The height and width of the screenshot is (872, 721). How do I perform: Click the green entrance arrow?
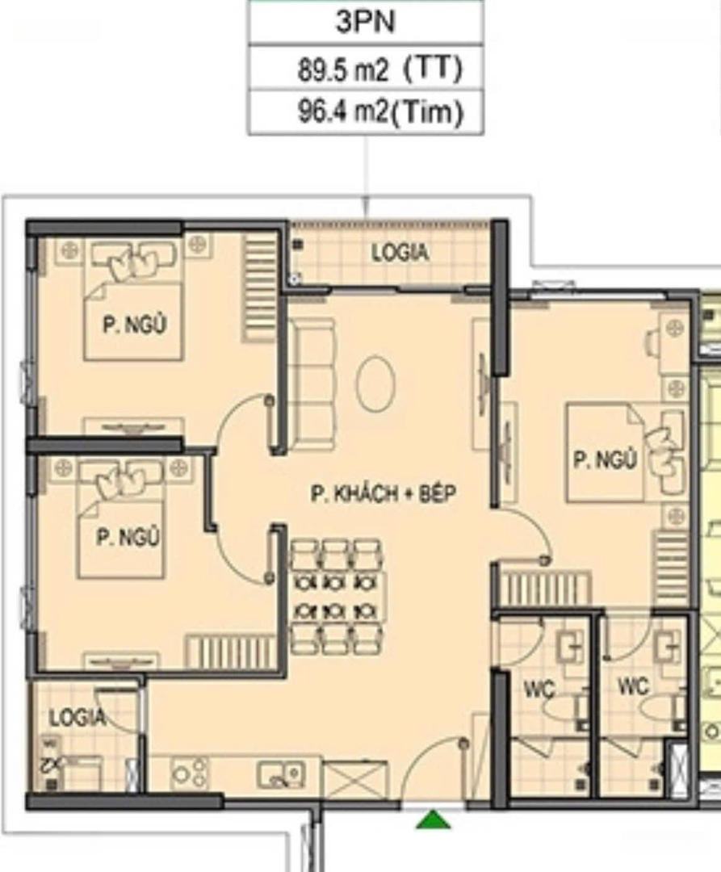433,820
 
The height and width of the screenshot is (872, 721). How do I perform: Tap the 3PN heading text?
365,22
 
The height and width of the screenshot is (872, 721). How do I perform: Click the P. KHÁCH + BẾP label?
383,494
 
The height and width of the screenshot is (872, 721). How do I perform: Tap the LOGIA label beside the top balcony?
400,254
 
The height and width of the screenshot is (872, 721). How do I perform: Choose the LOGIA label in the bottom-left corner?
77,718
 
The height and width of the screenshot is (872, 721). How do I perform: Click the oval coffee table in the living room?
375,384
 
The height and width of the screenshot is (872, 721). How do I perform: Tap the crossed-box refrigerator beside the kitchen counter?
354,780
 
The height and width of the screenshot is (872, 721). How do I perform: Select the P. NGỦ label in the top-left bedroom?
135,325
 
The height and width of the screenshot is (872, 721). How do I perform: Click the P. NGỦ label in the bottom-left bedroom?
128,537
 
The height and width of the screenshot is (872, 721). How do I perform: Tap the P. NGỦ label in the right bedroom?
605,460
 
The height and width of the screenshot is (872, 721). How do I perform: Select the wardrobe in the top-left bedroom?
260,287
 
